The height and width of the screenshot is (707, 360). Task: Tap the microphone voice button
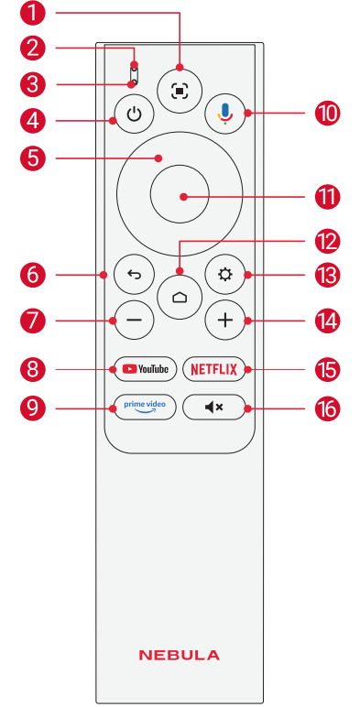click(x=224, y=113)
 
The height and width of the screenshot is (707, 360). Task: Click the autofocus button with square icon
click(x=180, y=91)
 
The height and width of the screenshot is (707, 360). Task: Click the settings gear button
click(x=224, y=275)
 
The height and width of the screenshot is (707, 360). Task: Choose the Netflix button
click(x=214, y=370)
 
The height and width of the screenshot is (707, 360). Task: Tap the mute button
click(x=214, y=408)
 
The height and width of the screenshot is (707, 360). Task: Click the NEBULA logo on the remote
click(x=180, y=655)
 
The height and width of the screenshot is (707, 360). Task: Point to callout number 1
click(x=33, y=14)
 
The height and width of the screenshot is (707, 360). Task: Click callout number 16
click(x=327, y=409)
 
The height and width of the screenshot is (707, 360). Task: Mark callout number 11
click(x=327, y=197)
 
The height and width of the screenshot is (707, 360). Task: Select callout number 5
click(x=33, y=158)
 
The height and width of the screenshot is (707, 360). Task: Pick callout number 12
click(x=327, y=242)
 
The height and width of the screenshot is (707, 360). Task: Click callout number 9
click(x=33, y=409)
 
